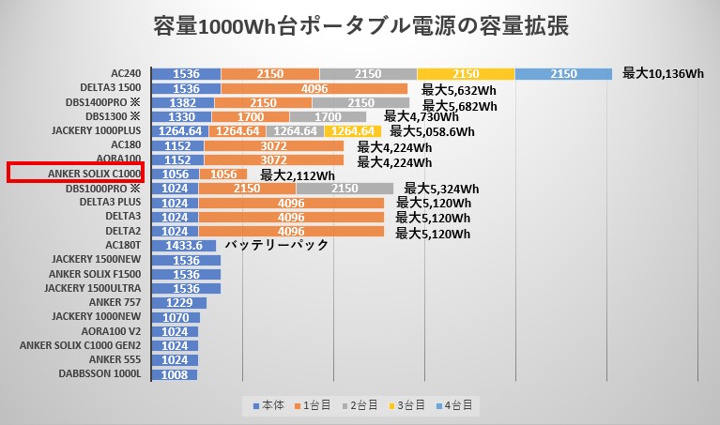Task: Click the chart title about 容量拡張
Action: coord(360,25)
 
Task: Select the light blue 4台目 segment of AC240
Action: coord(563,73)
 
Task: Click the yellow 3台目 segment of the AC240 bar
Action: coord(466,73)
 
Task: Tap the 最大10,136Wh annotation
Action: coord(663,73)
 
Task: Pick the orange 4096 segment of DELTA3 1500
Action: coord(314,88)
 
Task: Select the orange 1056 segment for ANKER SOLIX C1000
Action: coord(222,174)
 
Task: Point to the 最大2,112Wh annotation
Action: coord(298,175)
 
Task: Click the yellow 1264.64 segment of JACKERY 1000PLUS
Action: coord(354,131)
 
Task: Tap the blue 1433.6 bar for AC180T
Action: coord(184,246)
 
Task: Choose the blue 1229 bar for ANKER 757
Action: coord(178,302)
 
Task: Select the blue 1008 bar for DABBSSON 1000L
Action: coord(174,373)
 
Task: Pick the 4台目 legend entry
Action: coord(457,405)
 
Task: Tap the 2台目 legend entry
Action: coord(361,405)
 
